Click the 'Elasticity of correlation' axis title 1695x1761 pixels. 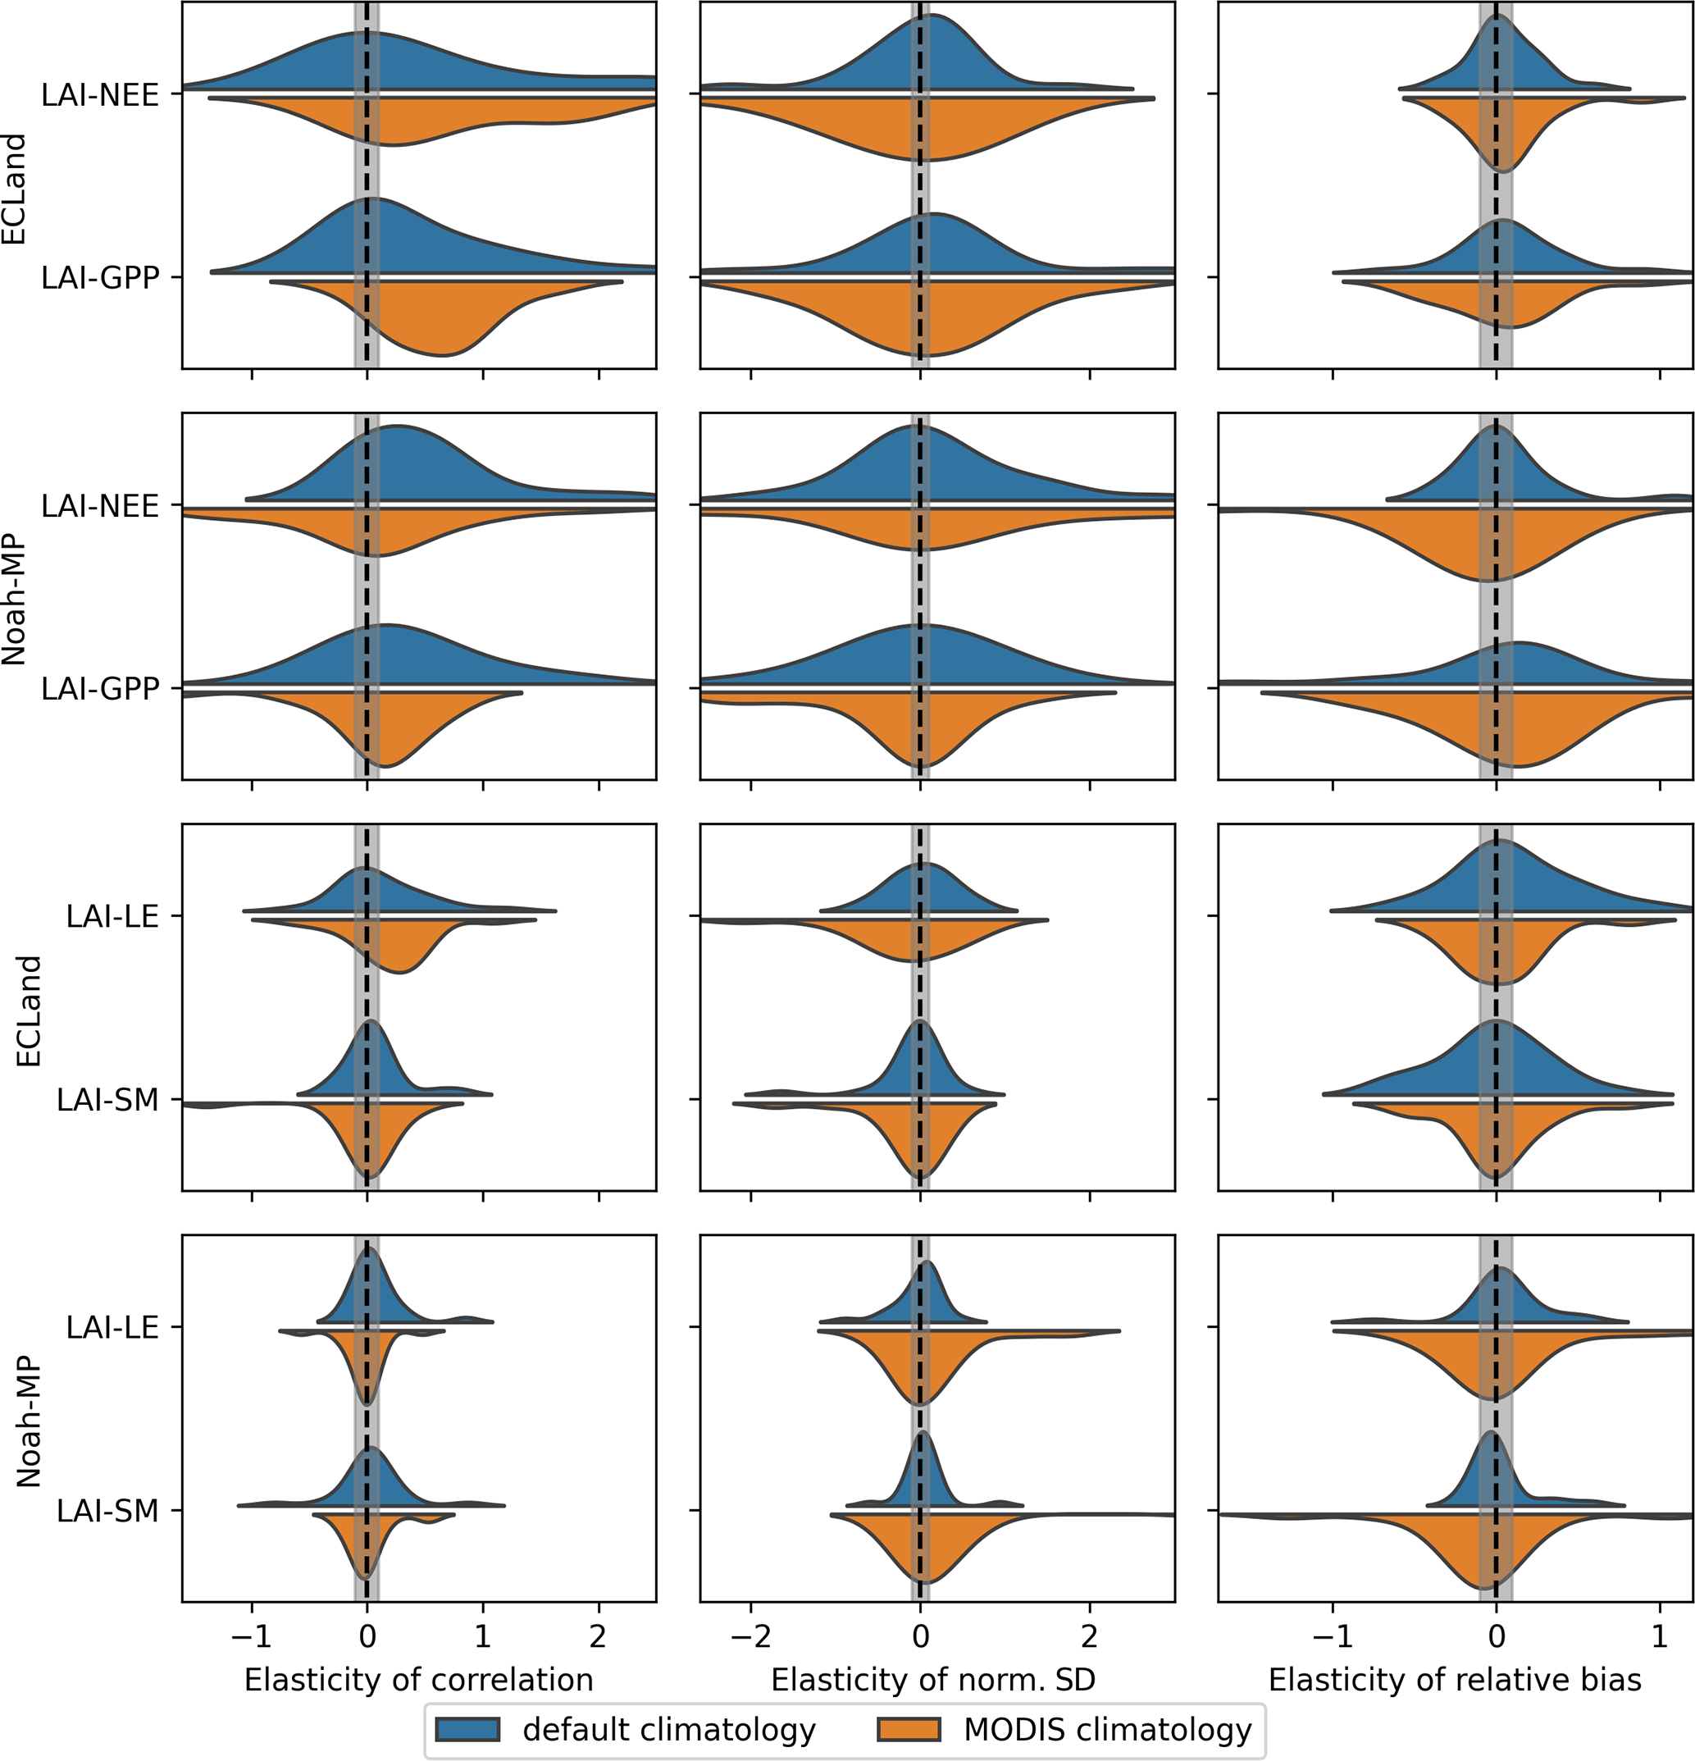click(x=418, y=1679)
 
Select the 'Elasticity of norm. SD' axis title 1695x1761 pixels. click(x=933, y=1679)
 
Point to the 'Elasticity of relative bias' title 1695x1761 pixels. click(x=1454, y=1679)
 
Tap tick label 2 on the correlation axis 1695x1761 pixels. click(x=599, y=1637)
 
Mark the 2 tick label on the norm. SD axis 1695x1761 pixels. click(x=1090, y=1637)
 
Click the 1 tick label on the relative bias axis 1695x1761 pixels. click(x=1660, y=1637)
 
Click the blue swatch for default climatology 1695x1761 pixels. click(x=467, y=1730)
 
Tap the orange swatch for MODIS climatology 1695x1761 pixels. click(x=908, y=1730)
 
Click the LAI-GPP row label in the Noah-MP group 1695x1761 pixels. click(x=101, y=689)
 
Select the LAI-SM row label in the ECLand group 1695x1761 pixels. click(x=107, y=1100)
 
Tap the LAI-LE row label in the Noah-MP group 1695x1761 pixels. click(x=112, y=1328)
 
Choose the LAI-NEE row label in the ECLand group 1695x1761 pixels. click(x=101, y=94)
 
